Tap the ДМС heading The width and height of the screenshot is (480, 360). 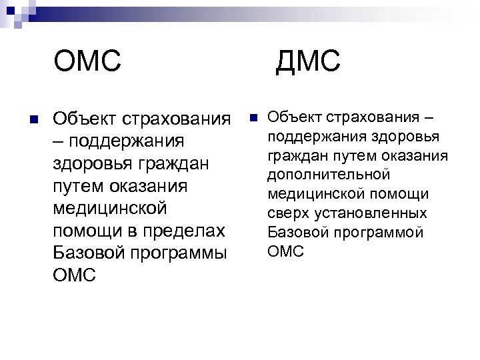(x=307, y=63)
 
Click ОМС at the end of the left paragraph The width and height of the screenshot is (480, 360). (x=73, y=276)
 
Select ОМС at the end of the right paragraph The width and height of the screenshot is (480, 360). (x=285, y=251)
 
